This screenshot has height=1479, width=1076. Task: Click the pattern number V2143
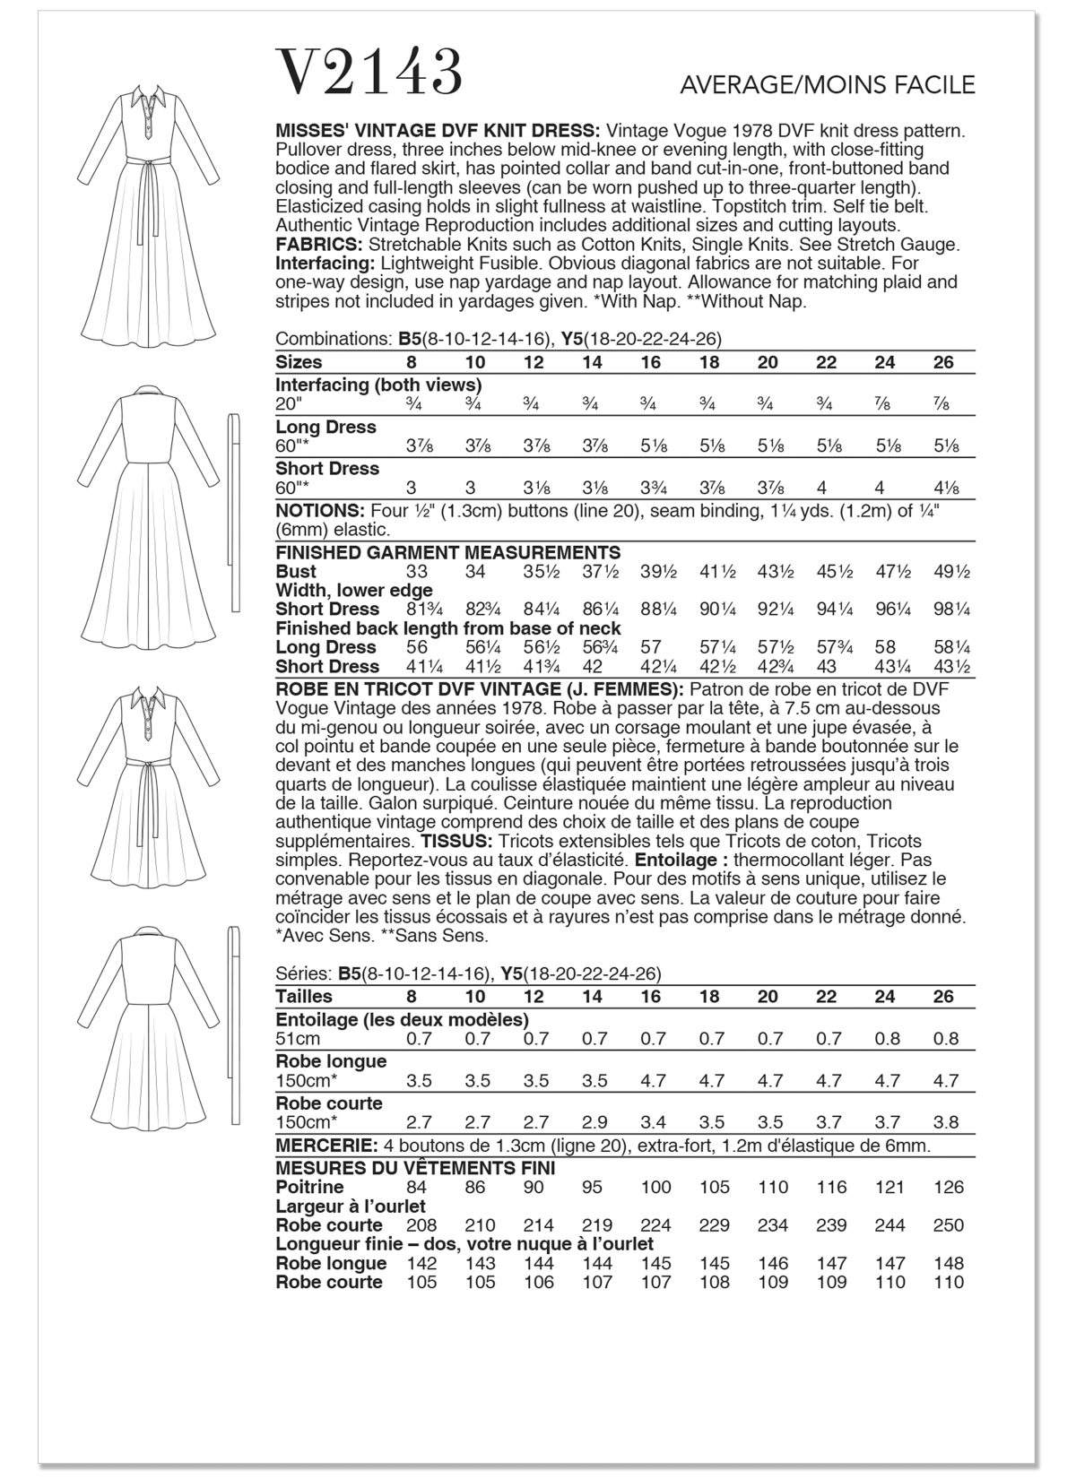pyautogui.click(x=369, y=74)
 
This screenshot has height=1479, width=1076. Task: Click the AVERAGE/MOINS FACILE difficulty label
pyautogui.click(x=827, y=85)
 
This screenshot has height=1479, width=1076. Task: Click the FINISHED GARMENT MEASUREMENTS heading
pyautogui.click(x=448, y=552)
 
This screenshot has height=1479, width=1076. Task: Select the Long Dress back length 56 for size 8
pyautogui.click(x=416, y=647)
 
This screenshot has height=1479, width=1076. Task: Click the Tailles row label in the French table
pyautogui.click(x=304, y=997)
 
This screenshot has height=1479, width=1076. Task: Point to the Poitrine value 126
pyautogui.click(x=948, y=1188)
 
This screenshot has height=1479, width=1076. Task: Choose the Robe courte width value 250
pyautogui.click(x=948, y=1225)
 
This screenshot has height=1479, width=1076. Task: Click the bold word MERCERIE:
pyautogui.click(x=326, y=1146)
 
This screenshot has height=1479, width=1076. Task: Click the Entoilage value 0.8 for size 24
pyautogui.click(x=888, y=1039)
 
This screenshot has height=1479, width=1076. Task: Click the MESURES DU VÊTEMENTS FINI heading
pyautogui.click(x=415, y=1168)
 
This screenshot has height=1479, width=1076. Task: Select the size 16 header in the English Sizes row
pyautogui.click(x=651, y=363)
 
